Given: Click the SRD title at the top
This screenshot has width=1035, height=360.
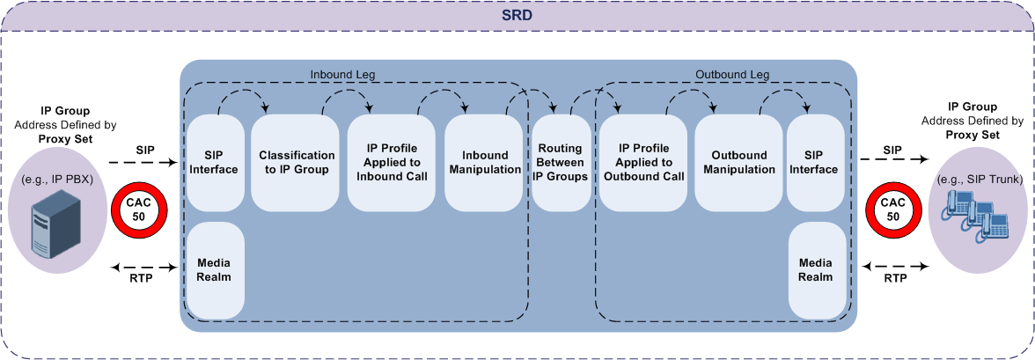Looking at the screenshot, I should (x=517, y=16).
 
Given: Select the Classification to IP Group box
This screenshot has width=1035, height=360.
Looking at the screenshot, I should (x=297, y=163).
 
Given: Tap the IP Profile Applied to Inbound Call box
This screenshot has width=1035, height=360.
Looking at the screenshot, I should (x=392, y=163).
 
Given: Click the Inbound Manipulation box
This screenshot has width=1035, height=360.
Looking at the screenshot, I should (x=485, y=163).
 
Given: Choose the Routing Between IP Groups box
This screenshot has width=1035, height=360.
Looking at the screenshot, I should (x=560, y=163).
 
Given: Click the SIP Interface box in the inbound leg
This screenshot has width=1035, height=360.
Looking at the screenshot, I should (x=216, y=163).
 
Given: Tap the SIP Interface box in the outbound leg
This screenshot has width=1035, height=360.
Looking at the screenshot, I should (x=814, y=163).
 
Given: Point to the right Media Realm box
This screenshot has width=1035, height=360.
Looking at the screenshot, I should (x=814, y=270).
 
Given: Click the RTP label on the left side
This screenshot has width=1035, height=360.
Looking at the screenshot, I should (x=140, y=277).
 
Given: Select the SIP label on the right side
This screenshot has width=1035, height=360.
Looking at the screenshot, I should (x=892, y=151).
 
